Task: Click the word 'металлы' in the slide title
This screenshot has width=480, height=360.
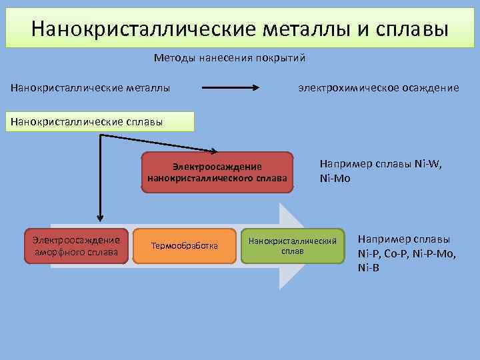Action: tap(305, 29)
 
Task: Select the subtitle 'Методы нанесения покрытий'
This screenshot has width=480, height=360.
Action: tap(229, 58)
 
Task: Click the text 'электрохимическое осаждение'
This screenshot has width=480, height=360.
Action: tap(378, 87)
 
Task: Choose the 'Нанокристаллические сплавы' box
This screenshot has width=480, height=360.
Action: tap(100, 121)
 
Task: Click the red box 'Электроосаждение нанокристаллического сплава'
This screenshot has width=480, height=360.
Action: tap(217, 173)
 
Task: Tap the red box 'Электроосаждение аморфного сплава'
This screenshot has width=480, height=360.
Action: tap(73, 246)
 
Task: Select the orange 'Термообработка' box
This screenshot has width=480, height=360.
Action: tap(185, 246)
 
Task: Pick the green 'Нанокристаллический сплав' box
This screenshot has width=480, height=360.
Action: tap(293, 246)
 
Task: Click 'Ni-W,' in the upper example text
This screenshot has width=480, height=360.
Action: tap(426, 163)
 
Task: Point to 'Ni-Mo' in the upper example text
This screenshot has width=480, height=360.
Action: tap(335, 178)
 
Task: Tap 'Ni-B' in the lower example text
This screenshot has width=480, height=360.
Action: tap(368, 268)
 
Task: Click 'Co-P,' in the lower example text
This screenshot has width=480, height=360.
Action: tap(397, 253)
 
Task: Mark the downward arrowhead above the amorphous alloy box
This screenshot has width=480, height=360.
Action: tap(100, 216)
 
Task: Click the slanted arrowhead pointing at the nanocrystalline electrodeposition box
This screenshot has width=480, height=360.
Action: tap(214, 151)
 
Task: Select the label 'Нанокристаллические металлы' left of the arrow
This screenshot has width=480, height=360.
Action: tap(89, 87)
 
